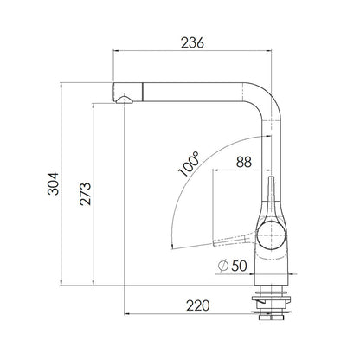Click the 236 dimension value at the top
[x=192, y=42]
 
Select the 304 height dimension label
[x=53, y=183]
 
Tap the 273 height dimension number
[x=85, y=194]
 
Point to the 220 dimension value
[x=198, y=305]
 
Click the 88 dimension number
[x=244, y=162]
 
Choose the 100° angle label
[x=189, y=164]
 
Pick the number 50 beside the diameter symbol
[x=239, y=266]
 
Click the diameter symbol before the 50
[x=223, y=266]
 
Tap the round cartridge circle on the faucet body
[x=271, y=235]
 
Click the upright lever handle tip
[x=271, y=178]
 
